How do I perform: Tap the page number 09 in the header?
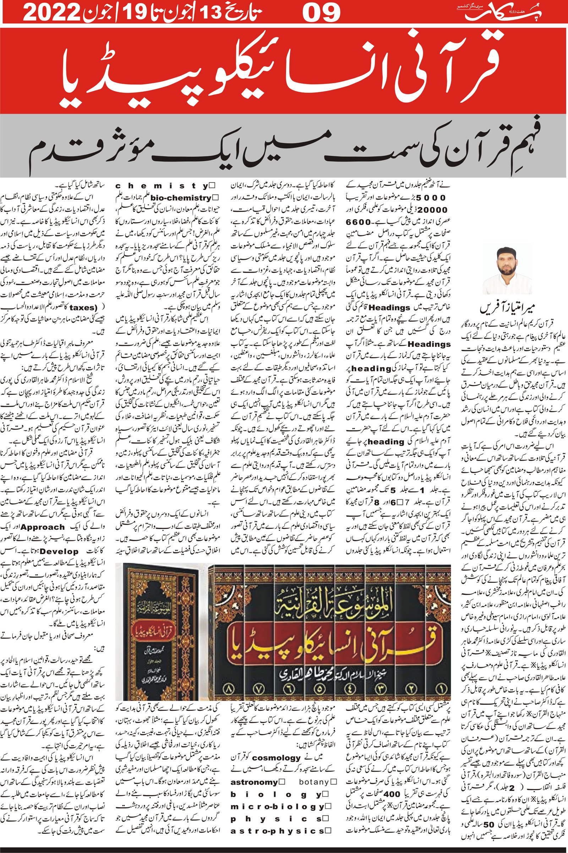(x=322, y=14)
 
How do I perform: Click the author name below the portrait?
(x=507, y=309)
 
